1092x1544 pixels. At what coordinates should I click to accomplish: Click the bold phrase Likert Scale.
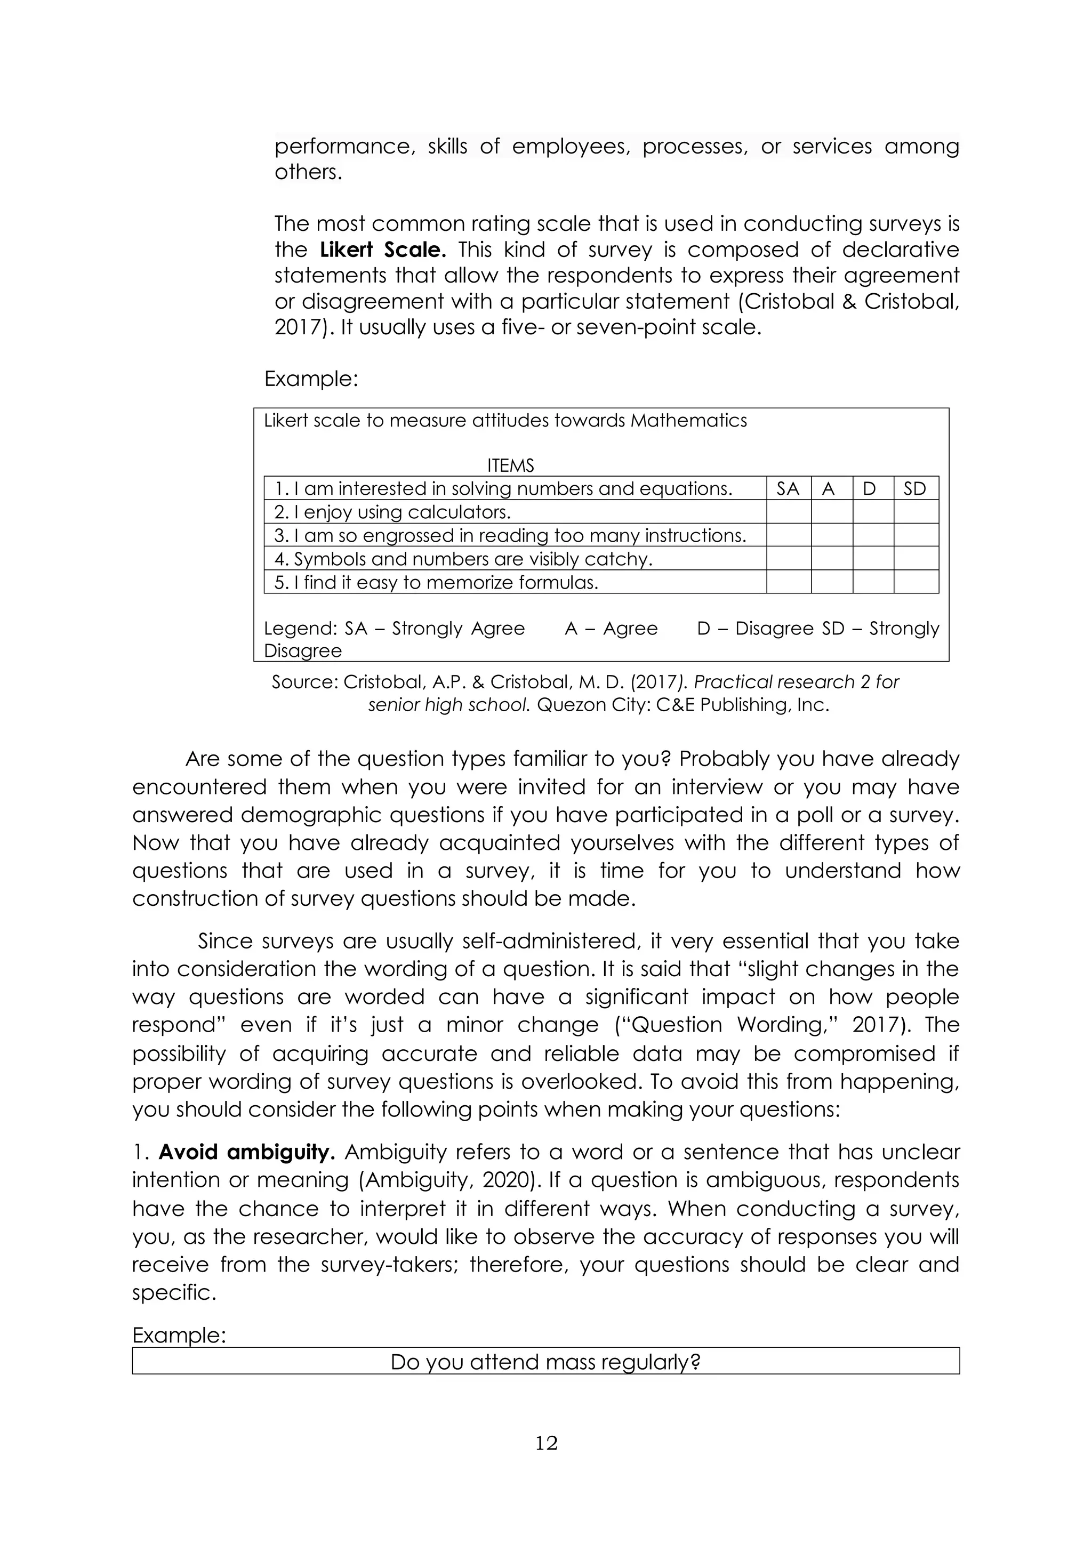point(383,250)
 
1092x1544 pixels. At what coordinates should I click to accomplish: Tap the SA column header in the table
point(788,489)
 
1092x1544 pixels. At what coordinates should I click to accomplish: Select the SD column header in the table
point(914,489)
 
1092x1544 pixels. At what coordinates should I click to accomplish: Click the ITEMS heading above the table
point(510,465)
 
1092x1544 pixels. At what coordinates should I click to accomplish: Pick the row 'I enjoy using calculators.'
point(392,512)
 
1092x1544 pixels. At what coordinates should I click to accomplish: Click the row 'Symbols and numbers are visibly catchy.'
point(463,559)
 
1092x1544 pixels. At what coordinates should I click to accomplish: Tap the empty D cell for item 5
point(872,582)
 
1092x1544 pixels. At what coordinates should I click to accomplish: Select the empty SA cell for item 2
point(788,512)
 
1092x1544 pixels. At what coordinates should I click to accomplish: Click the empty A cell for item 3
point(831,536)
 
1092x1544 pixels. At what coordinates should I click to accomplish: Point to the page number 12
point(546,1443)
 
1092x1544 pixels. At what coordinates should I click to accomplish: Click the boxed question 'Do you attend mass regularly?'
point(545,1362)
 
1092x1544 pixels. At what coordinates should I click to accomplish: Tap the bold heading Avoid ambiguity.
point(247,1153)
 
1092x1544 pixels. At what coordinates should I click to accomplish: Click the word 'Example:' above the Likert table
point(311,379)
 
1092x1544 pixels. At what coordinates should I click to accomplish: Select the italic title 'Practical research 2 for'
point(796,682)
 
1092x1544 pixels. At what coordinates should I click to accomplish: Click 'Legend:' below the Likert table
point(300,629)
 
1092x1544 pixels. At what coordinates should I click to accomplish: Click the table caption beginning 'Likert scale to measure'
point(504,421)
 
